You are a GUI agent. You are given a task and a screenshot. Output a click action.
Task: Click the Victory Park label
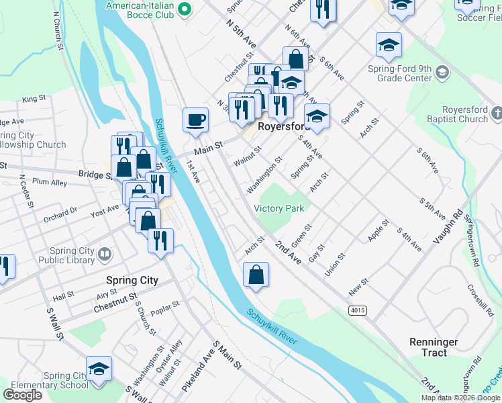click(x=279, y=208)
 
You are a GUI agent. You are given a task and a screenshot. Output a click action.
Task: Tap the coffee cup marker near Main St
click(x=195, y=120)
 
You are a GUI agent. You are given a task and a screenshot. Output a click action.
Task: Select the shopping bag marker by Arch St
click(x=256, y=275)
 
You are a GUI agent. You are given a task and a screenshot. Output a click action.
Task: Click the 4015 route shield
click(x=357, y=310)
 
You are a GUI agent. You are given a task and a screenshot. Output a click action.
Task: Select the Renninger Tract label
click(x=434, y=347)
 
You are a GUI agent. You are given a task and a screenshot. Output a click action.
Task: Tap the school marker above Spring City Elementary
click(x=99, y=369)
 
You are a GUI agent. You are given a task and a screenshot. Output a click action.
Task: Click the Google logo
click(x=22, y=394)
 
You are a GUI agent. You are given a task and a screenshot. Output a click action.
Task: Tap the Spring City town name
click(x=132, y=280)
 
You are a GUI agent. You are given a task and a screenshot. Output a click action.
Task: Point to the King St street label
click(x=32, y=99)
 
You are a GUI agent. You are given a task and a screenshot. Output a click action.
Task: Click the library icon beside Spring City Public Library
click(x=104, y=254)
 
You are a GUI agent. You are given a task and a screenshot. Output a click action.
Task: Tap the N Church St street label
click(x=58, y=32)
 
